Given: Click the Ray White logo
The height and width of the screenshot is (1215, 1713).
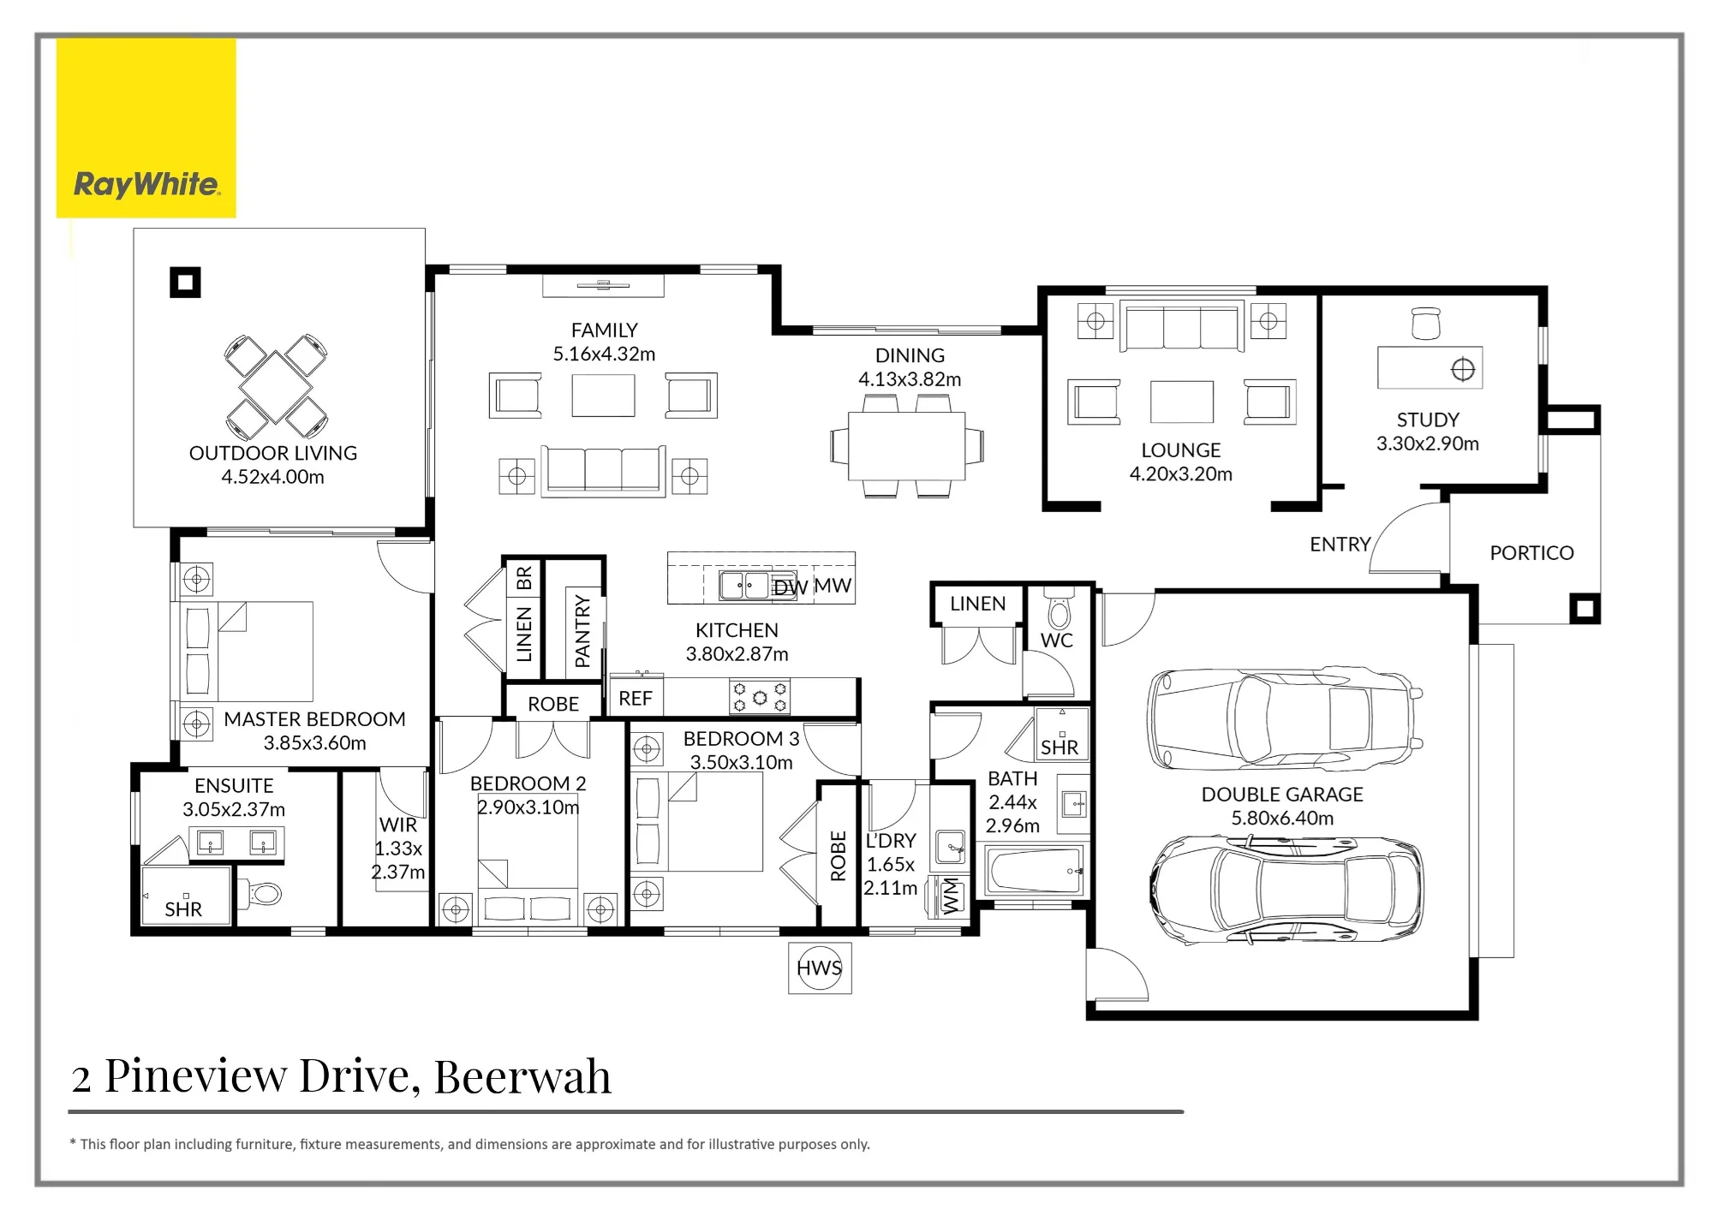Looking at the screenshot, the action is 146,128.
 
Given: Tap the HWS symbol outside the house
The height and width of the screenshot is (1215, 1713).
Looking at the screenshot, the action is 820,968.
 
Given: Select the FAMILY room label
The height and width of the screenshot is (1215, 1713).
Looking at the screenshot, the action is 605,330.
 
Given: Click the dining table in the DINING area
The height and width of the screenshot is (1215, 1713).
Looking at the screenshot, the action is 907,446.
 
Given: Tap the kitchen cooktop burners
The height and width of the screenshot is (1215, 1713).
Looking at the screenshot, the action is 760,697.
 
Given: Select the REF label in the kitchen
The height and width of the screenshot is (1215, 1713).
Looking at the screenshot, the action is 636,699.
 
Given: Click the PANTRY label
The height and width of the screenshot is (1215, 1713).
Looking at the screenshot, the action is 583,631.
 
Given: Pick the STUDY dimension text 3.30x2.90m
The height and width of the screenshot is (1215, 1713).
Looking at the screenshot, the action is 1428,444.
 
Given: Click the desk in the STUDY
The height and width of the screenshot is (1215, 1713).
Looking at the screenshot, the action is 1429,367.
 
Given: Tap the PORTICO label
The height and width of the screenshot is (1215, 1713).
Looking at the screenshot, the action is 1531,553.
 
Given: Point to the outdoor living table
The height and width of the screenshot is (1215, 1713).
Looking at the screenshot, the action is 275,387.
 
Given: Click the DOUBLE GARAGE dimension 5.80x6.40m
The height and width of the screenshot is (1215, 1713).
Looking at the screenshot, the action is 1282,818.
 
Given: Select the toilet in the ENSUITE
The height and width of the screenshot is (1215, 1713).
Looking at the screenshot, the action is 260,895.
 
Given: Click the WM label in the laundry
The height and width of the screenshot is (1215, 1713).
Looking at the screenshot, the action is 952,896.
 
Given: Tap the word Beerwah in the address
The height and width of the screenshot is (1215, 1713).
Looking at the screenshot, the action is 522,1076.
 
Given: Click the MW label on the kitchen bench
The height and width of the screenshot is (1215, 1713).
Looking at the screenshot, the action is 833,586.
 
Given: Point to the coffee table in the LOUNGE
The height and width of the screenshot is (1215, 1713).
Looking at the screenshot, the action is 1181,402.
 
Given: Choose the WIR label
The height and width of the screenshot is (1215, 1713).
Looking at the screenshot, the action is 398,825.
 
